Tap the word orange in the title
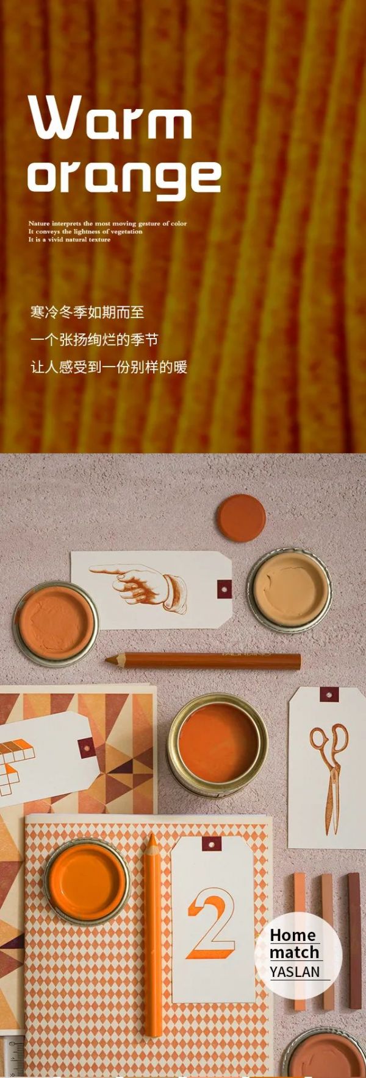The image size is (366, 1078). (124, 178)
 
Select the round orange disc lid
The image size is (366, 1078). (242, 518)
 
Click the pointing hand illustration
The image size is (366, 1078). (138, 586)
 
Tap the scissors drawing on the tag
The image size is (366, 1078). (329, 777)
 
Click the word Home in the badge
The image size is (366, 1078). (293, 935)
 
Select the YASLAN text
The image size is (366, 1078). (295, 971)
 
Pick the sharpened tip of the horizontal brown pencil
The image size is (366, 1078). (107, 659)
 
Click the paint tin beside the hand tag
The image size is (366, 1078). (56, 623)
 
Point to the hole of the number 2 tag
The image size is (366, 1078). (211, 844)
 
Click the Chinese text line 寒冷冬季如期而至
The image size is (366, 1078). (87, 312)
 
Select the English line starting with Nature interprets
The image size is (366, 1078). (107, 224)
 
